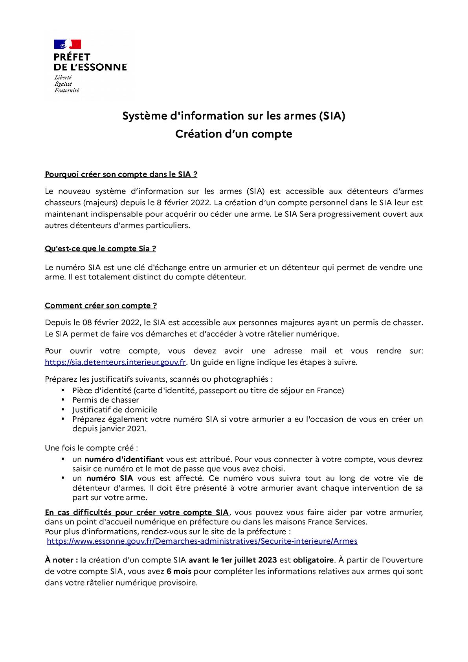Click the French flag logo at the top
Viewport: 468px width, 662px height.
pyautogui.click(x=67, y=44)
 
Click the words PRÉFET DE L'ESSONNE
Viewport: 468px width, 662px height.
pyautogui.click(x=90, y=62)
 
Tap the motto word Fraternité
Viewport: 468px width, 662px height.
pyautogui.click(x=67, y=90)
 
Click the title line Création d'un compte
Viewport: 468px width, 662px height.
pyautogui.click(x=233, y=134)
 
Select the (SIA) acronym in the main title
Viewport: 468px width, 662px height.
pyautogui.click(x=332, y=116)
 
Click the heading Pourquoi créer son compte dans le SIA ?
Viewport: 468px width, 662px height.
pyautogui.click(x=121, y=174)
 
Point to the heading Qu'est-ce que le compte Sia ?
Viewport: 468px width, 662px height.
pyautogui.click(x=100, y=248)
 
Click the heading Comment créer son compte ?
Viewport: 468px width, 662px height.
pyautogui.click(x=101, y=305)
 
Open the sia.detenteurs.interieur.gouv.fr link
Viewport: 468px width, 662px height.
pyautogui.click(x=115, y=362)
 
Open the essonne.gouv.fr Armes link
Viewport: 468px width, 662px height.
pyautogui.click(x=202, y=541)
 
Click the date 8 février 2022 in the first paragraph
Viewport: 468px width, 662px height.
pyautogui.click(x=182, y=203)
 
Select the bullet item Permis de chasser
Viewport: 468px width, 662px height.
pyautogui.click(x=106, y=400)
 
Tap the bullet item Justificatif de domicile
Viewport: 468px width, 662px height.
pyautogui.click(x=115, y=410)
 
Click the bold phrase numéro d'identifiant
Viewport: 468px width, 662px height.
pyautogui.click(x=124, y=459)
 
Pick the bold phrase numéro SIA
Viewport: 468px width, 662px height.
pyautogui.click(x=110, y=478)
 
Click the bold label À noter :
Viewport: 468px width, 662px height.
pyautogui.click(x=61, y=560)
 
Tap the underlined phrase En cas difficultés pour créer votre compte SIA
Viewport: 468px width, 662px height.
pyautogui.click(x=136, y=513)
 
